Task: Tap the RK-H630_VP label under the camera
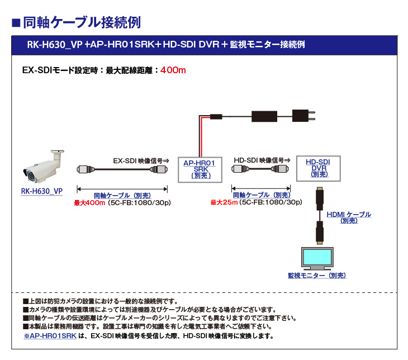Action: click(41, 191)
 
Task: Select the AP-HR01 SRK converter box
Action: click(200, 168)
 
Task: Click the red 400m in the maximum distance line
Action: click(173, 70)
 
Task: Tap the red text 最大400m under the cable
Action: click(89, 202)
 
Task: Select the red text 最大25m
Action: click(224, 202)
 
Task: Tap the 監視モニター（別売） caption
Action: click(316, 275)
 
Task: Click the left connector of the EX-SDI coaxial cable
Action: click(84, 169)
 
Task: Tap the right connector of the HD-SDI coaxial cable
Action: click(281, 169)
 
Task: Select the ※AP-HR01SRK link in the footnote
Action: click(50, 336)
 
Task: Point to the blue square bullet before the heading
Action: click(16, 23)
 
